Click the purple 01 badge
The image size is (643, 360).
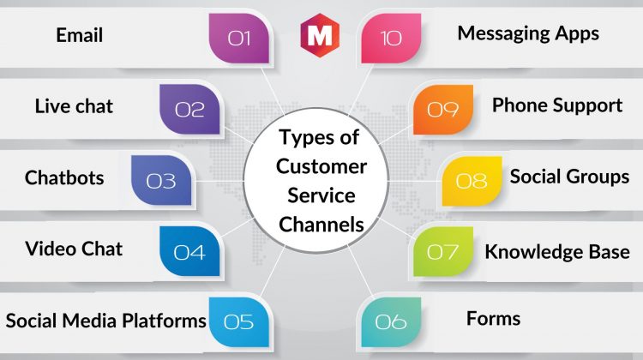coord(238,38)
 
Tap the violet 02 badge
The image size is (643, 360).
coord(189,109)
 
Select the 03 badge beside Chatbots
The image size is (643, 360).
coord(161,180)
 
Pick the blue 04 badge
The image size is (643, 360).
coord(189,251)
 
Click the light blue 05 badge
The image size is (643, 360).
coord(238,322)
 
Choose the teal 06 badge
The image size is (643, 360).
coord(391,322)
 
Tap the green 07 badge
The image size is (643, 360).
coord(443,251)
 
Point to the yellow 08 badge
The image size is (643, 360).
coord(472,181)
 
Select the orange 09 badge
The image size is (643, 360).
coord(443,110)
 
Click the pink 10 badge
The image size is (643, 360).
coord(391,38)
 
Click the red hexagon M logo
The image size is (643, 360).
coord(320,35)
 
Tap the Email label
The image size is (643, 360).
coord(80,35)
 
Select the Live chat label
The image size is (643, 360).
coord(74,106)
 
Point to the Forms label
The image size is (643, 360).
coord(493,319)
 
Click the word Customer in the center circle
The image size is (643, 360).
coord(321,166)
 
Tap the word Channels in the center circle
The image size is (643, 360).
coord(321,225)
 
